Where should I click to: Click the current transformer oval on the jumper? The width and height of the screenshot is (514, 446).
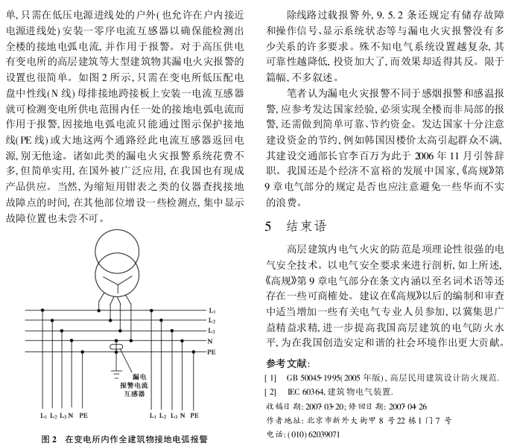tap(115, 346)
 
